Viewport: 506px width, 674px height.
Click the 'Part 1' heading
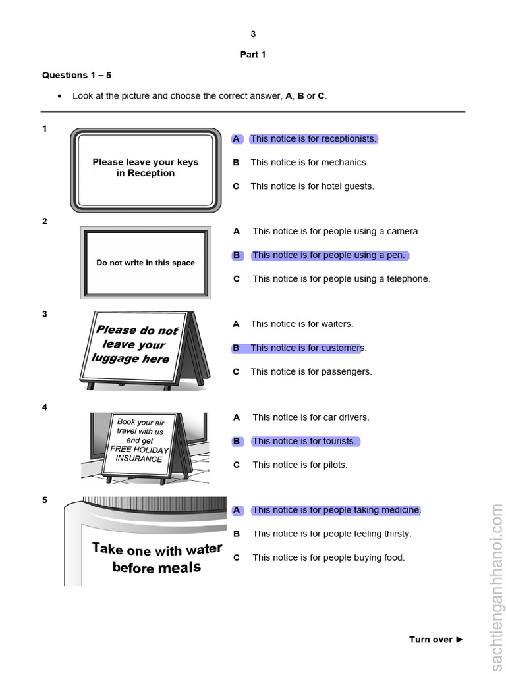(x=252, y=55)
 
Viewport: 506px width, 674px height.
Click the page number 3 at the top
(x=253, y=34)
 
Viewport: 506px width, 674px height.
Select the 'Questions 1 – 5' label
(x=76, y=75)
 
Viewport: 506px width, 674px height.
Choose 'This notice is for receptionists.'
(x=313, y=138)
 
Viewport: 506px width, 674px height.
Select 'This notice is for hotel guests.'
(x=312, y=186)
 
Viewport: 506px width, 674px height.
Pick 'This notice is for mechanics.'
(x=309, y=162)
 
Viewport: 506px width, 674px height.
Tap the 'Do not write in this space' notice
(x=146, y=263)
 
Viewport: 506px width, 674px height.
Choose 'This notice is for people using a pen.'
(x=328, y=255)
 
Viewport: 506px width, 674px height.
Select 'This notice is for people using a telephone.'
(x=341, y=278)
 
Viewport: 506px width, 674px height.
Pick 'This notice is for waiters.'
(x=302, y=323)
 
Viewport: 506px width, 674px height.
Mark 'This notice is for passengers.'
(x=311, y=371)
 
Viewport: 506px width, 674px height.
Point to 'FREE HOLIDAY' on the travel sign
(x=139, y=449)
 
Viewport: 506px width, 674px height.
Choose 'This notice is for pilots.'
(x=300, y=465)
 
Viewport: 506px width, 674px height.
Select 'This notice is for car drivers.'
(x=311, y=417)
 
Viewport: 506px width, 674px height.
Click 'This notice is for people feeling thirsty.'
(x=331, y=534)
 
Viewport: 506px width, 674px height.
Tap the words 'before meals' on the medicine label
(x=157, y=567)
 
